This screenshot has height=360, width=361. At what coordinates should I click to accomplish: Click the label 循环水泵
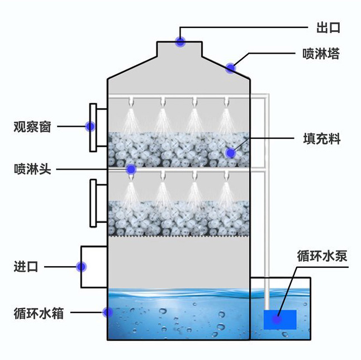tap(322, 256)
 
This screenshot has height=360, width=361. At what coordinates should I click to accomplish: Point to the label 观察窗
tap(32, 127)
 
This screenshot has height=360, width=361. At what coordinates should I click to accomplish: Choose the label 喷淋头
tap(32, 169)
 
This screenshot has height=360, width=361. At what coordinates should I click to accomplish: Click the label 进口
tap(26, 267)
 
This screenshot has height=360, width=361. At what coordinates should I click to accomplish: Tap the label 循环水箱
tap(39, 313)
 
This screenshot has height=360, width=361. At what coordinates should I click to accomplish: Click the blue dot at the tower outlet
tap(180, 41)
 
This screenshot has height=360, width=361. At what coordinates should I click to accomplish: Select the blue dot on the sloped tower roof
tap(231, 68)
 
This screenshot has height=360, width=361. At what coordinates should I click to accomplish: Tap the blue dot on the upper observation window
tap(90, 127)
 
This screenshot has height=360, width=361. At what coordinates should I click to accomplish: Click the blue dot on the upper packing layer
tap(230, 152)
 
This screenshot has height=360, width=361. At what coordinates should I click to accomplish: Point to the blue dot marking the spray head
tap(131, 169)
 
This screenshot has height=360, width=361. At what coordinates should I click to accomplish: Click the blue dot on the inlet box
tap(82, 267)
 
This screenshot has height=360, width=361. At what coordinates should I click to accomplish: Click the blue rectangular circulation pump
tap(280, 319)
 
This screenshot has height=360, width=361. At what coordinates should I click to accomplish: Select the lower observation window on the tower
tap(97, 204)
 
